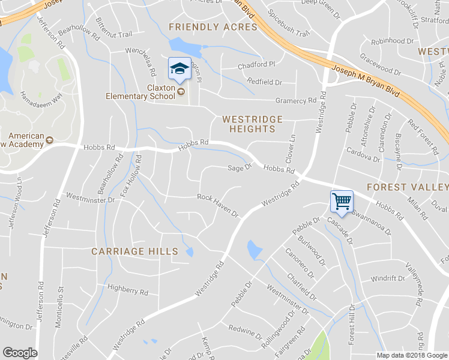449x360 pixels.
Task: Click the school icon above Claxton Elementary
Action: point(179,68)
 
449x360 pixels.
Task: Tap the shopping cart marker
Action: point(342,201)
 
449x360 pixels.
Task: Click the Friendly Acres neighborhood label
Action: point(213,27)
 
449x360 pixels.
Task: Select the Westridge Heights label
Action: point(249,124)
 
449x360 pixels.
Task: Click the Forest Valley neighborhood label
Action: point(407,187)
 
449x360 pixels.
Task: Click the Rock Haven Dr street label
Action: point(218,205)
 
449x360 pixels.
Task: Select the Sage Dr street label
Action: point(239,168)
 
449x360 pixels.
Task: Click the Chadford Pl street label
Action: point(256,64)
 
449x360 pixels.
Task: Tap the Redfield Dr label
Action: point(264,82)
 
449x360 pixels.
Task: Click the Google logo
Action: point(20,353)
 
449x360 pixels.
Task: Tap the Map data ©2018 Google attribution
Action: point(411,355)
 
